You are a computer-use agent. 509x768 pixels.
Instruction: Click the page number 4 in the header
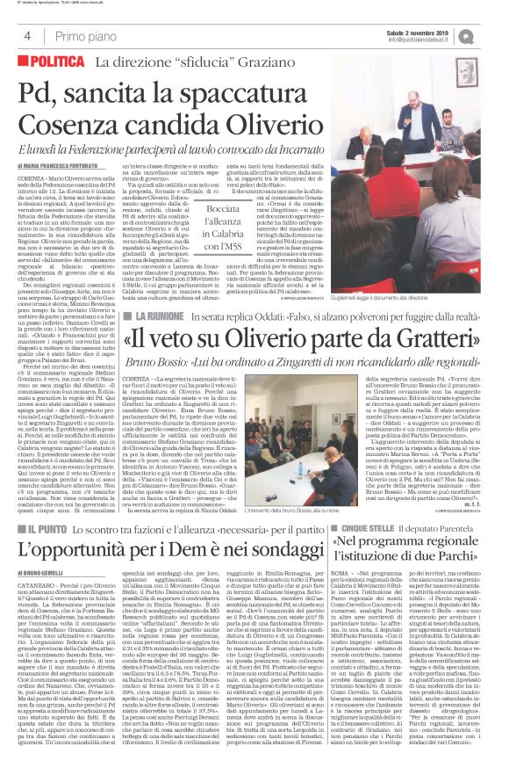(x=27, y=36)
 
